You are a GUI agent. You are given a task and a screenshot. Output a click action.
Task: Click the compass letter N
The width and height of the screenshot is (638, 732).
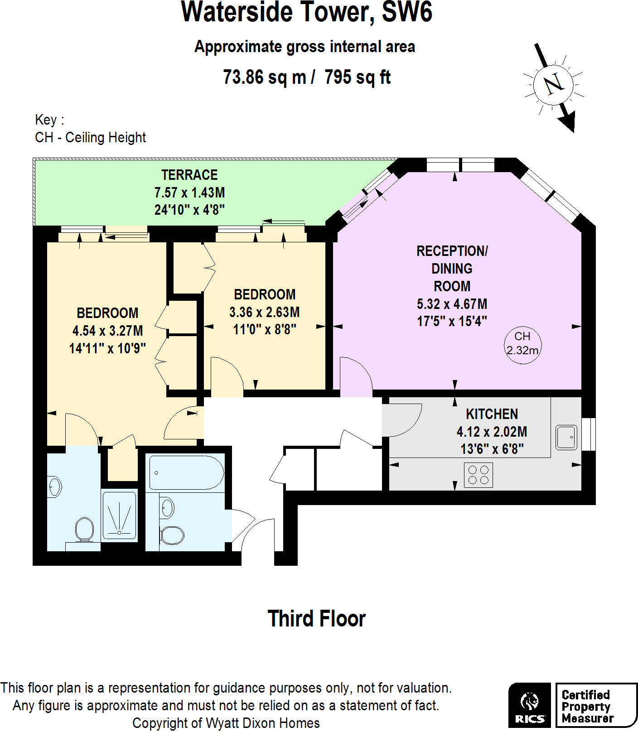[553, 84]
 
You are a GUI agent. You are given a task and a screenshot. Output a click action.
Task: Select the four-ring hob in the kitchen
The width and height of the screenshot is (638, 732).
[478, 475]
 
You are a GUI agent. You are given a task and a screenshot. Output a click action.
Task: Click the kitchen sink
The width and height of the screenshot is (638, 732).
[566, 437]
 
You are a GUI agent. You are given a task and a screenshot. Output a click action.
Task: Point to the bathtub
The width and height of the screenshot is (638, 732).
[186, 473]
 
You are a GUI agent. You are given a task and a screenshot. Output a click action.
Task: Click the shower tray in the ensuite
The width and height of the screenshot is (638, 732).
[119, 516]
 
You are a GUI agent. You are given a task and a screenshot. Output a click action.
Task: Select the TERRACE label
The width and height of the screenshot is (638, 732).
[189, 175]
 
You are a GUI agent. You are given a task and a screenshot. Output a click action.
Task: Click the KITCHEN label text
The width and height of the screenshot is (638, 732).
[492, 414]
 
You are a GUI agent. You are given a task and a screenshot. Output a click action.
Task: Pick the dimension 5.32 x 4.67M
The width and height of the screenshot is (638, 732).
[452, 304]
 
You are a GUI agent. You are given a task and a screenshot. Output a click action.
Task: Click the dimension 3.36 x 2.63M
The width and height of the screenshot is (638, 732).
[264, 312]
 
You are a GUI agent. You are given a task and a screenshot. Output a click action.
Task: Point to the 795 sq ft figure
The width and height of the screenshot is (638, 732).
[358, 77]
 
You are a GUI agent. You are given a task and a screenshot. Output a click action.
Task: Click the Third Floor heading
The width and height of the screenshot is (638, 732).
[316, 619]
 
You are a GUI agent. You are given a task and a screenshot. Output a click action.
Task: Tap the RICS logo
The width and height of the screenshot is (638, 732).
[530, 705]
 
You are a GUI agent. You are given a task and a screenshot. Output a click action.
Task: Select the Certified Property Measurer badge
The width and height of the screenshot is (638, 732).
[595, 705]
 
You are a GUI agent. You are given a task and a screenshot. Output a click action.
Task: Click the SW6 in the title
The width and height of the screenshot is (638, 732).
[406, 12]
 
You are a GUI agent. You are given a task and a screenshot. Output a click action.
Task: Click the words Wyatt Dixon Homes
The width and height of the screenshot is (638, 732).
[263, 723]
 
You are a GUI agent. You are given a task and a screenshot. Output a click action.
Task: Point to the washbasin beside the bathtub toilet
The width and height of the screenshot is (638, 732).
[167, 508]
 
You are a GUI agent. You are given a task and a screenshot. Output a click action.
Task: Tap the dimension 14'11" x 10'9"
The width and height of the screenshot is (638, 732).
[107, 348]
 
